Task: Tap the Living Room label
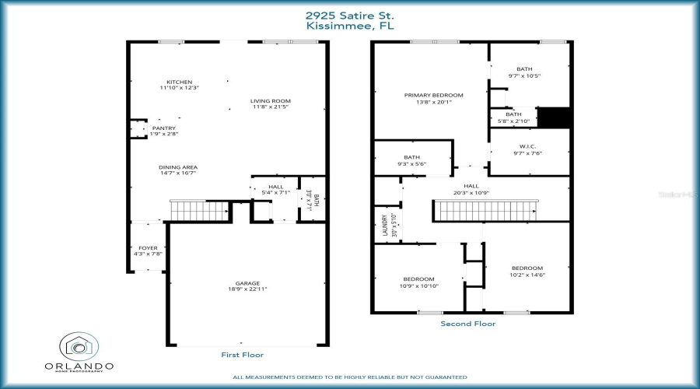[x=270, y=100]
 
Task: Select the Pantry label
[x=163, y=128]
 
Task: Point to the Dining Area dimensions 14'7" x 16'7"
[x=178, y=173]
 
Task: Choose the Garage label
[x=247, y=283]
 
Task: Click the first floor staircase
[x=200, y=210]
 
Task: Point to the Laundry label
[x=383, y=225]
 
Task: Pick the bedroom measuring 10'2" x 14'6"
[x=527, y=271]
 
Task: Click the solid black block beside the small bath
[x=555, y=117]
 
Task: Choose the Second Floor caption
[x=467, y=323]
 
